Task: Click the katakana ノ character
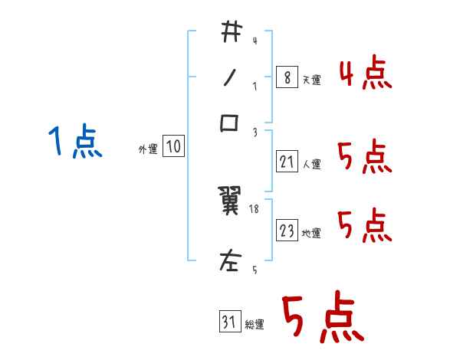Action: (x=230, y=77)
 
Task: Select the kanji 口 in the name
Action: (x=230, y=123)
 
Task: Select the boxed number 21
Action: (x=287, y=161)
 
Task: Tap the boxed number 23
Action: (x=287, y=231)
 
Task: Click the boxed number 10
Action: (x=173, y=147)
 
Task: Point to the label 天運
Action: (x=312, y=80)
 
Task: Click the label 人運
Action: (x=312, y=164)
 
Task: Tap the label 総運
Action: (x=255, y=324)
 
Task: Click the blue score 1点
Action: (x=75, y=142)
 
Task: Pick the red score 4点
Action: (x=365, y=73)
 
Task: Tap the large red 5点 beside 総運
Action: (x=322, y=318)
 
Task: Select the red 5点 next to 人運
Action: (x=365, y=157)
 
